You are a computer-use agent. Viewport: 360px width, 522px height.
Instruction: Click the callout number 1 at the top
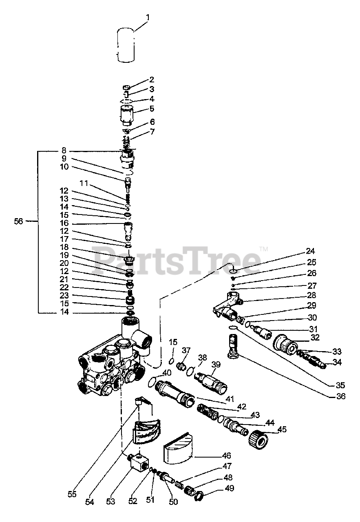(x=148, y=18)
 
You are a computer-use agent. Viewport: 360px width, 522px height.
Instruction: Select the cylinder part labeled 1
(x=126, y=45)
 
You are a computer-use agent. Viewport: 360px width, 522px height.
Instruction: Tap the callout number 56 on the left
(x=18, y=221)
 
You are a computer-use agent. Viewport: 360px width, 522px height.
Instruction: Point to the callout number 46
(x=226, y=456)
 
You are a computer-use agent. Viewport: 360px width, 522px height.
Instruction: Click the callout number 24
(x=311, y=251)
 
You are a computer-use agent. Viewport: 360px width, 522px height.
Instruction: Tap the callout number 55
(x=72, y=494)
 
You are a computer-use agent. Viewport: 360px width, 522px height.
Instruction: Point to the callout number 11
(x=84, y=183)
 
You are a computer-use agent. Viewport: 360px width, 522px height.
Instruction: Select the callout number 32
(x=314, y=338)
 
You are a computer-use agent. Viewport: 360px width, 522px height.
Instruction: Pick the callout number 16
(x=64, y=224)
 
